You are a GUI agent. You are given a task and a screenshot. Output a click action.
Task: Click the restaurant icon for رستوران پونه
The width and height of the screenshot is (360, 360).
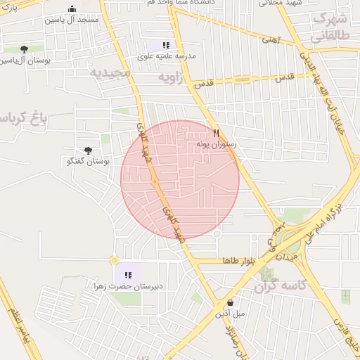point(217,133)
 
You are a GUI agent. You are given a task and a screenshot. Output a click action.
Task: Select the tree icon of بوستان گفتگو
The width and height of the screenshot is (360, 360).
point(88,151)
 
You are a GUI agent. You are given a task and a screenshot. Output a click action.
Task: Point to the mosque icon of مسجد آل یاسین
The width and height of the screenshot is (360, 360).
point(72,9)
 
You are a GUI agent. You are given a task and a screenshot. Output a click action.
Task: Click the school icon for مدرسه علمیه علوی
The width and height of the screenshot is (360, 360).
point(166,45)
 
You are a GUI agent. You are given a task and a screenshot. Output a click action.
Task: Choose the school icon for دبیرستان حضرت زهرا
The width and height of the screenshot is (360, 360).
point(128,275)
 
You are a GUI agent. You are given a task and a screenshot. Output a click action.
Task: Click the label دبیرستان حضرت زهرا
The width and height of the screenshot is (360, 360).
point(128,286)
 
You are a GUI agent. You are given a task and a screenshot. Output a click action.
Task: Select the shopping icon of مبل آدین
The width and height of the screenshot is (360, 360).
point(229,303)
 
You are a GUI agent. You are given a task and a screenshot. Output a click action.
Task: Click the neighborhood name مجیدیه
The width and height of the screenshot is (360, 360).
point(111,72)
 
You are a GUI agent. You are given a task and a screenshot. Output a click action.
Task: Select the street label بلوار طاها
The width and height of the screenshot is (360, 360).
point(237,261)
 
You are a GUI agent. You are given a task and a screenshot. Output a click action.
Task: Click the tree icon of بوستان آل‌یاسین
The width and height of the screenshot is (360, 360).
point(25,49)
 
